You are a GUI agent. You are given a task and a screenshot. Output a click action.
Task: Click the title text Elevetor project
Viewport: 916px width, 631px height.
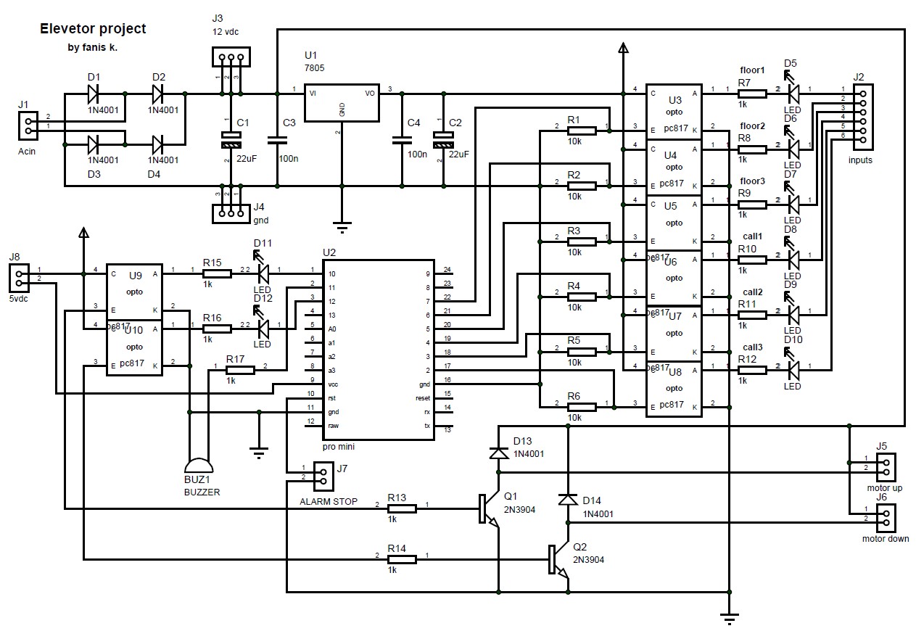[92, 29]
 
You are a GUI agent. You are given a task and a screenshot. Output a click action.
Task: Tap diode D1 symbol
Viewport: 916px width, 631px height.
[94, 94]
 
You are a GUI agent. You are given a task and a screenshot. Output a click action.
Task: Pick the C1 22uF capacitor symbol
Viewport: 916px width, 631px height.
[231, 140]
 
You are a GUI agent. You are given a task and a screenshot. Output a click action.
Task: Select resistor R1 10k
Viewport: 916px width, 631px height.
[582, 131]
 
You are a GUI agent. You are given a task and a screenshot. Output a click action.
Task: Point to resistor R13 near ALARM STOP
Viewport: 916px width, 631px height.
[401, 508]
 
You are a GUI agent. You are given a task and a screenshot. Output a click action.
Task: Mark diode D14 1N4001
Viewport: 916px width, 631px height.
[567, 500]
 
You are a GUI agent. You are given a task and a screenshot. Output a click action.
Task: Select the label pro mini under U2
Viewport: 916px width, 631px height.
[338, 448]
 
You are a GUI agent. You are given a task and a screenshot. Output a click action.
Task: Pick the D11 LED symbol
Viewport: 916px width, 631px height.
[263, 273]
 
